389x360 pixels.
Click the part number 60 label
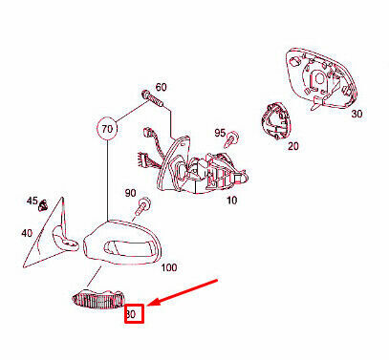161,87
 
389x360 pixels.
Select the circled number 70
107,129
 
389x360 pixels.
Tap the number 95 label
220,133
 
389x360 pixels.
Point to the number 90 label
130,193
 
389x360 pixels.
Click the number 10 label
231,201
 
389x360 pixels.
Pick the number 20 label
293,146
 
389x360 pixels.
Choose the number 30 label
357,114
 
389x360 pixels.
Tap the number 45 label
32,201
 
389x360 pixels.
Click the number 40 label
27,233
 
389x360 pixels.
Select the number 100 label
169,267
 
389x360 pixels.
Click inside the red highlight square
134,314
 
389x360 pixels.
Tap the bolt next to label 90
141,207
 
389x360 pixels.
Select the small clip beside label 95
232,140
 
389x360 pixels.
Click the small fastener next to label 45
42,206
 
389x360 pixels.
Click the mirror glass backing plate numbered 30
320,79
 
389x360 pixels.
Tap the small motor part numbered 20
276,121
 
